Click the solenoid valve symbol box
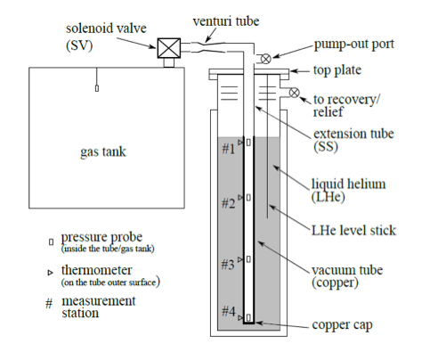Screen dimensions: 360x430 [x=166, y=49]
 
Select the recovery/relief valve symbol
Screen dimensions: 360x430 [x=294, y=92]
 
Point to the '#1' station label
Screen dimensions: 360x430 [x=227, y=149]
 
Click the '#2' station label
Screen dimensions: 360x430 [x=228, y=204]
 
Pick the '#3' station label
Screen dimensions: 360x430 [x=228, y=264]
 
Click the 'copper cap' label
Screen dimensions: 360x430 [x=342, y=326]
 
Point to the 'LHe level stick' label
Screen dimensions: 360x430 [x=353, y=230]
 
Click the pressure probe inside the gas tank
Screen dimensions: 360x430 [x=96, y=88]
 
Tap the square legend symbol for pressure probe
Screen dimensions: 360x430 [x=51, y=241]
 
